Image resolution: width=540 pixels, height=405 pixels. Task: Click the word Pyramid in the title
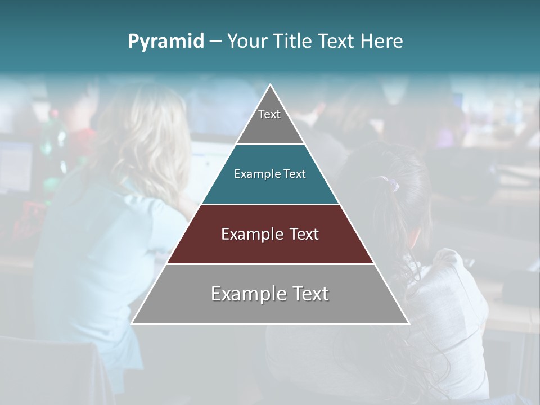(x=165, y=42)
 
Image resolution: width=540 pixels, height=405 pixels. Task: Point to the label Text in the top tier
(x=269, y=114)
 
